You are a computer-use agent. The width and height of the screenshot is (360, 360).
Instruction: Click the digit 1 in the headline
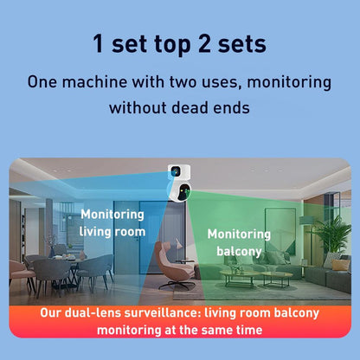coord(99,44)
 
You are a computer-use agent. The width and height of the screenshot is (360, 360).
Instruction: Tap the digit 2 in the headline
coord(204,44)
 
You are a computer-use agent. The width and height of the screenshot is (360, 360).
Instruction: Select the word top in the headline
coord(172,46)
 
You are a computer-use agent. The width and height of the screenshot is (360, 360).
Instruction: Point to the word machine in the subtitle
coord(94,82)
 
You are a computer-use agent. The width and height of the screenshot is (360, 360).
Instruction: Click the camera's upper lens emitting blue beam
coord(175,172)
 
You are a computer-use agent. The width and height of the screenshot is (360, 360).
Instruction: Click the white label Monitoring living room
coord(112,223)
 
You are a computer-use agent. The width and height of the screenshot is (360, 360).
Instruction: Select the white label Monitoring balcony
coord(239,242)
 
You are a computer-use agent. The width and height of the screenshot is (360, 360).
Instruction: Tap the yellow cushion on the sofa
coord(341,265)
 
